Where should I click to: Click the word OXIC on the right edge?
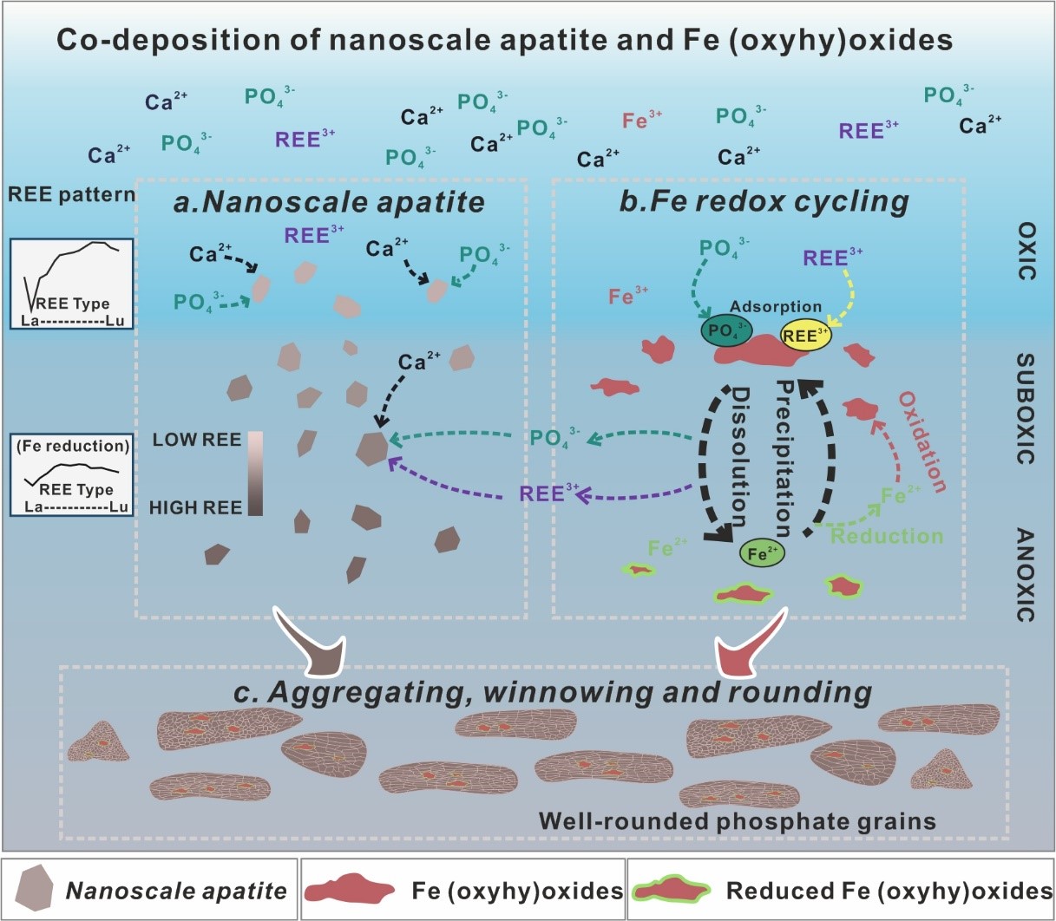click(1026, 251)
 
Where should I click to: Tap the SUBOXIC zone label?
click(1026, 408)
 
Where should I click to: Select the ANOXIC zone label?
click(1026, 575)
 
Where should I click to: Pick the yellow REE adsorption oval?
click(805, 336)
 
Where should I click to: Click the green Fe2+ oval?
click(762, 552)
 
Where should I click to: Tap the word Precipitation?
click(782, 458)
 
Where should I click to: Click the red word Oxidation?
click(922, 441)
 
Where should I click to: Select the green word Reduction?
click(887, 536)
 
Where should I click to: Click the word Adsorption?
click(775, 306)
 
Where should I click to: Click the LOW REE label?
click(197, 440)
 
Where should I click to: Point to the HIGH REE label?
click(195, 507)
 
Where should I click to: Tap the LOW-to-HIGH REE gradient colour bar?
click(255, 474)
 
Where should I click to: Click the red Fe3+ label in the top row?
click(642, 121)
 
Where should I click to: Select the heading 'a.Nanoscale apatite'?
click(329, 202)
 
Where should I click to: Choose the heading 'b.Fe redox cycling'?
click(764, 202)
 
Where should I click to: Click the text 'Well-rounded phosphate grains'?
click(737, 820)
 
